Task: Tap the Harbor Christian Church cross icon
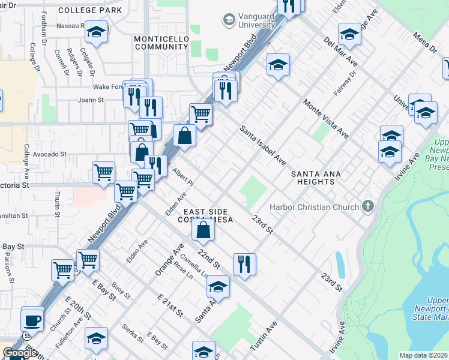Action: pos(369,207)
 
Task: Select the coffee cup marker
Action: pos(32,319)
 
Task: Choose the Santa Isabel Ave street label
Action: pos(263,145)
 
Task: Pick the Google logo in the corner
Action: pos(20,353)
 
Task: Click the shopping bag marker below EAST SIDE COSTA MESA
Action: pos(203,229)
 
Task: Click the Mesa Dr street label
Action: pos(424,46)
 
